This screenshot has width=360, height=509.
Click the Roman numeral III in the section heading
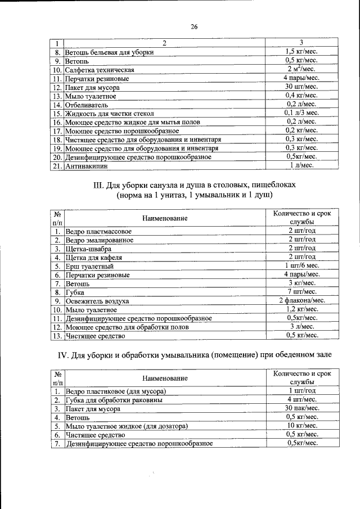pos(98,184)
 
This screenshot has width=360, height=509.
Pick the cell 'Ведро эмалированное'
pos(100,240)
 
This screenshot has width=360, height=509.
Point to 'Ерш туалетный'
pos(90,266)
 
